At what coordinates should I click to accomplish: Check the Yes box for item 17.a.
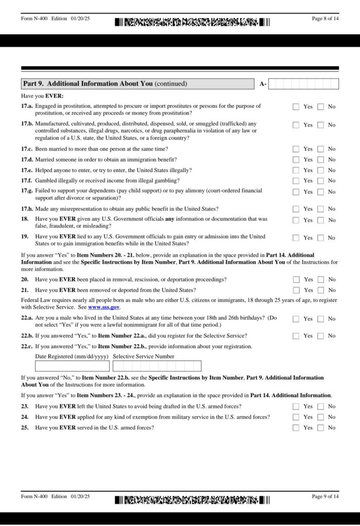296,107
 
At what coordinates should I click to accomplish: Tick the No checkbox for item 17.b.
320,125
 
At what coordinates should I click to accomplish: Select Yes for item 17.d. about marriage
296,159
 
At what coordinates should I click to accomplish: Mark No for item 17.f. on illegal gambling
320,180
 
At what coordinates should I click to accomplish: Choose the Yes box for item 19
296,238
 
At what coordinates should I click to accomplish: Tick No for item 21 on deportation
320,290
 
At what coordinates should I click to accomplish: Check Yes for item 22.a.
296,319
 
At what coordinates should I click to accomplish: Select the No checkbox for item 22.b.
320,336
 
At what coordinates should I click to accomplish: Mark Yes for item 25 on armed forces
296,427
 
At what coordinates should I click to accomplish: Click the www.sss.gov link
104,307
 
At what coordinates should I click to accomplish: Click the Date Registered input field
72,366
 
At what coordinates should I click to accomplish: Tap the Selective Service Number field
157,366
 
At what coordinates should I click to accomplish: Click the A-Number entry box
303,84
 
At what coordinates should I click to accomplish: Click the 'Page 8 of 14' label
325,19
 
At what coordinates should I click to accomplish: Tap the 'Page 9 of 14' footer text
325,496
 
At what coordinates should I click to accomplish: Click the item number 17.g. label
27,191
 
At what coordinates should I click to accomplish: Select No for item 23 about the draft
320,406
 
